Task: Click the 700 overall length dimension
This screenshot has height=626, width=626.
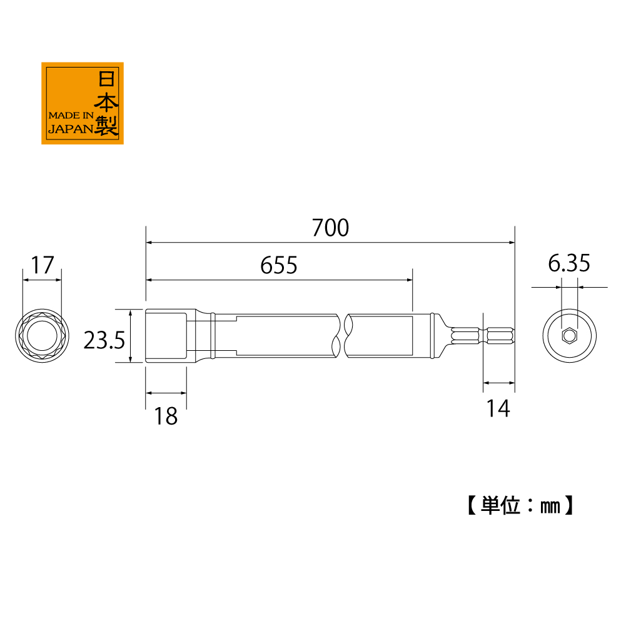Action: (330, 228)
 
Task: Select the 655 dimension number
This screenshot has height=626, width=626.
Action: (279, 265)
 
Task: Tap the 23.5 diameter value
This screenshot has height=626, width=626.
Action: (104, 340)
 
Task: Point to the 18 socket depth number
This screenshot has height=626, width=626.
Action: (166, 416)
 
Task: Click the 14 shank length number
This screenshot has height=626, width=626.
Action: (498, 408)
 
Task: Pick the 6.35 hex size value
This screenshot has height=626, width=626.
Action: (569, 263)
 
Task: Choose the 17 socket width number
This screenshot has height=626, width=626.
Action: (43, 265)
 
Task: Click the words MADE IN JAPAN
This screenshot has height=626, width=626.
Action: (71, 122)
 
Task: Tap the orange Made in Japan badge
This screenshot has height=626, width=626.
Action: (83, 103)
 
